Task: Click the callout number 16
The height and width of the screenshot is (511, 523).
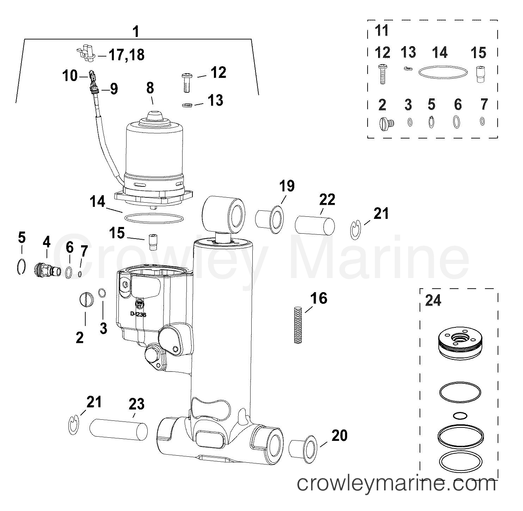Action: [319, 298]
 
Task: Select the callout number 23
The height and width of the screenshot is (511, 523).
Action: [136, 404]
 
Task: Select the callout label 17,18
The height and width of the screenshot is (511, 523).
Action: [127, 55]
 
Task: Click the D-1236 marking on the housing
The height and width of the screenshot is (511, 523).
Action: [139, 314]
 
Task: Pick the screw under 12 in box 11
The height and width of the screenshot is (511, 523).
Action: [382, 74]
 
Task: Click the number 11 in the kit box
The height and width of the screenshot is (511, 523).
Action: [382, 31]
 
